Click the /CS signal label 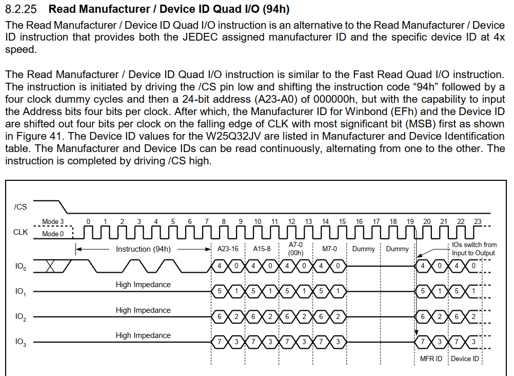pyautogui.click(x=21, y=207)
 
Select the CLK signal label pyautogui.click(x=21, y=232)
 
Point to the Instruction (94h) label pyautogui.click(x=143, y=249)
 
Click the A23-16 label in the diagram pyautogui.click(x=228, y=249)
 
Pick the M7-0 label pyautogui.click(x=330, y=249)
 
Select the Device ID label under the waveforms pyautogui.click(x=465, y=359)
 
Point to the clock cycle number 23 pyautogui.click(x=478, y=221)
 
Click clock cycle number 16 pyautogui.click(x=359, y=221)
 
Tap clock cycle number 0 pyautogui.click(x=89, y=221)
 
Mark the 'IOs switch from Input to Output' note pyautogui.click(x=474, y=249)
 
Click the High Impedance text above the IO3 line pyautogui.click(x=143, y=335)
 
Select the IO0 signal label pyautogui.click(x=21, y=267)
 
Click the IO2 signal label pyautogui.click(x=21, y=317)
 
